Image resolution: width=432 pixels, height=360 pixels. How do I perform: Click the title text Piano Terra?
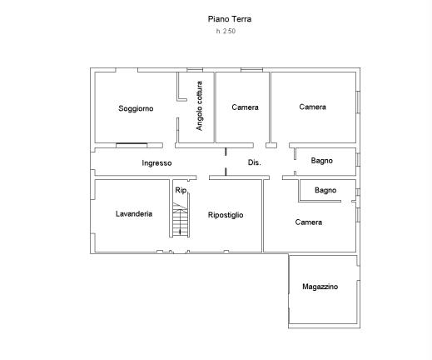pyautogui.click(x=230, y=19)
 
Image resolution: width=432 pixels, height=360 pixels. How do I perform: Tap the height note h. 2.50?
pyautogui.click(x=226, y=31)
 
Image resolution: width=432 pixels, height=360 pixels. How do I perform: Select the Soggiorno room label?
pyautogui.click(x=136, y=108)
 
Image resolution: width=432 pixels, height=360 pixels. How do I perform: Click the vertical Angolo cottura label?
pyautogui.click(x=199, y=106)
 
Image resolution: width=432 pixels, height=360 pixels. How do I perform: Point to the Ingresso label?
pyautogui.click(x=156, y=163)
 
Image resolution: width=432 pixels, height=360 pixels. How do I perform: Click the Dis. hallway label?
pyautogui.click(x=255, y=162)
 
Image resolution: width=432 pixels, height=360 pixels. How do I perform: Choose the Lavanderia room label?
pyautogui.click(x=134, y=213)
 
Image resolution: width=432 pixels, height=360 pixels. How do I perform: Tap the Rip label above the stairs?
pyautogui.click(x=181, y=190)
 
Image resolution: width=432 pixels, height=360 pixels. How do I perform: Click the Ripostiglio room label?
pyautogui.click(x=226, y=215)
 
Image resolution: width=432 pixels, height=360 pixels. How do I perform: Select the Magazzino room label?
pyautogui.click(x=320, y=287)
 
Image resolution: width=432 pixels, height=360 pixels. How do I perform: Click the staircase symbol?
pyautogui.click(x=181, y=220)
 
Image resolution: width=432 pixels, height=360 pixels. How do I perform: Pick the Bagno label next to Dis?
pyautogui.click(x=322, y=161)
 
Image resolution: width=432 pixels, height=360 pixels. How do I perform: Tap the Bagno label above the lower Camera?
pyautogui.click(x=325, y=190)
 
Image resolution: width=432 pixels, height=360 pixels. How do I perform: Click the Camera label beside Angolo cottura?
pyautogui.click(x=246, y=107)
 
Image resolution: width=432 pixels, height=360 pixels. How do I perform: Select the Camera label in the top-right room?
pyautogui.click(x=313, y=107)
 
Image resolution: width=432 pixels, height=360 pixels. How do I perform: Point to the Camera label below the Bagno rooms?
pyautogui.click(x=309, y=222)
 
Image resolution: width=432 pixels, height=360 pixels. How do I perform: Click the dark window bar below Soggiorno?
pyautogui.click(x=132, y=144)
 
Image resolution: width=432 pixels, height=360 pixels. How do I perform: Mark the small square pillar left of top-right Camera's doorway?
pyautogui.click(x=271, y=145)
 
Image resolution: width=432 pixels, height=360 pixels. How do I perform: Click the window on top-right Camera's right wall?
pyautogui.click(x=358, y=102)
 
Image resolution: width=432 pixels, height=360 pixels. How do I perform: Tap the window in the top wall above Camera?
pyautogui.click(x=251, y=70)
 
